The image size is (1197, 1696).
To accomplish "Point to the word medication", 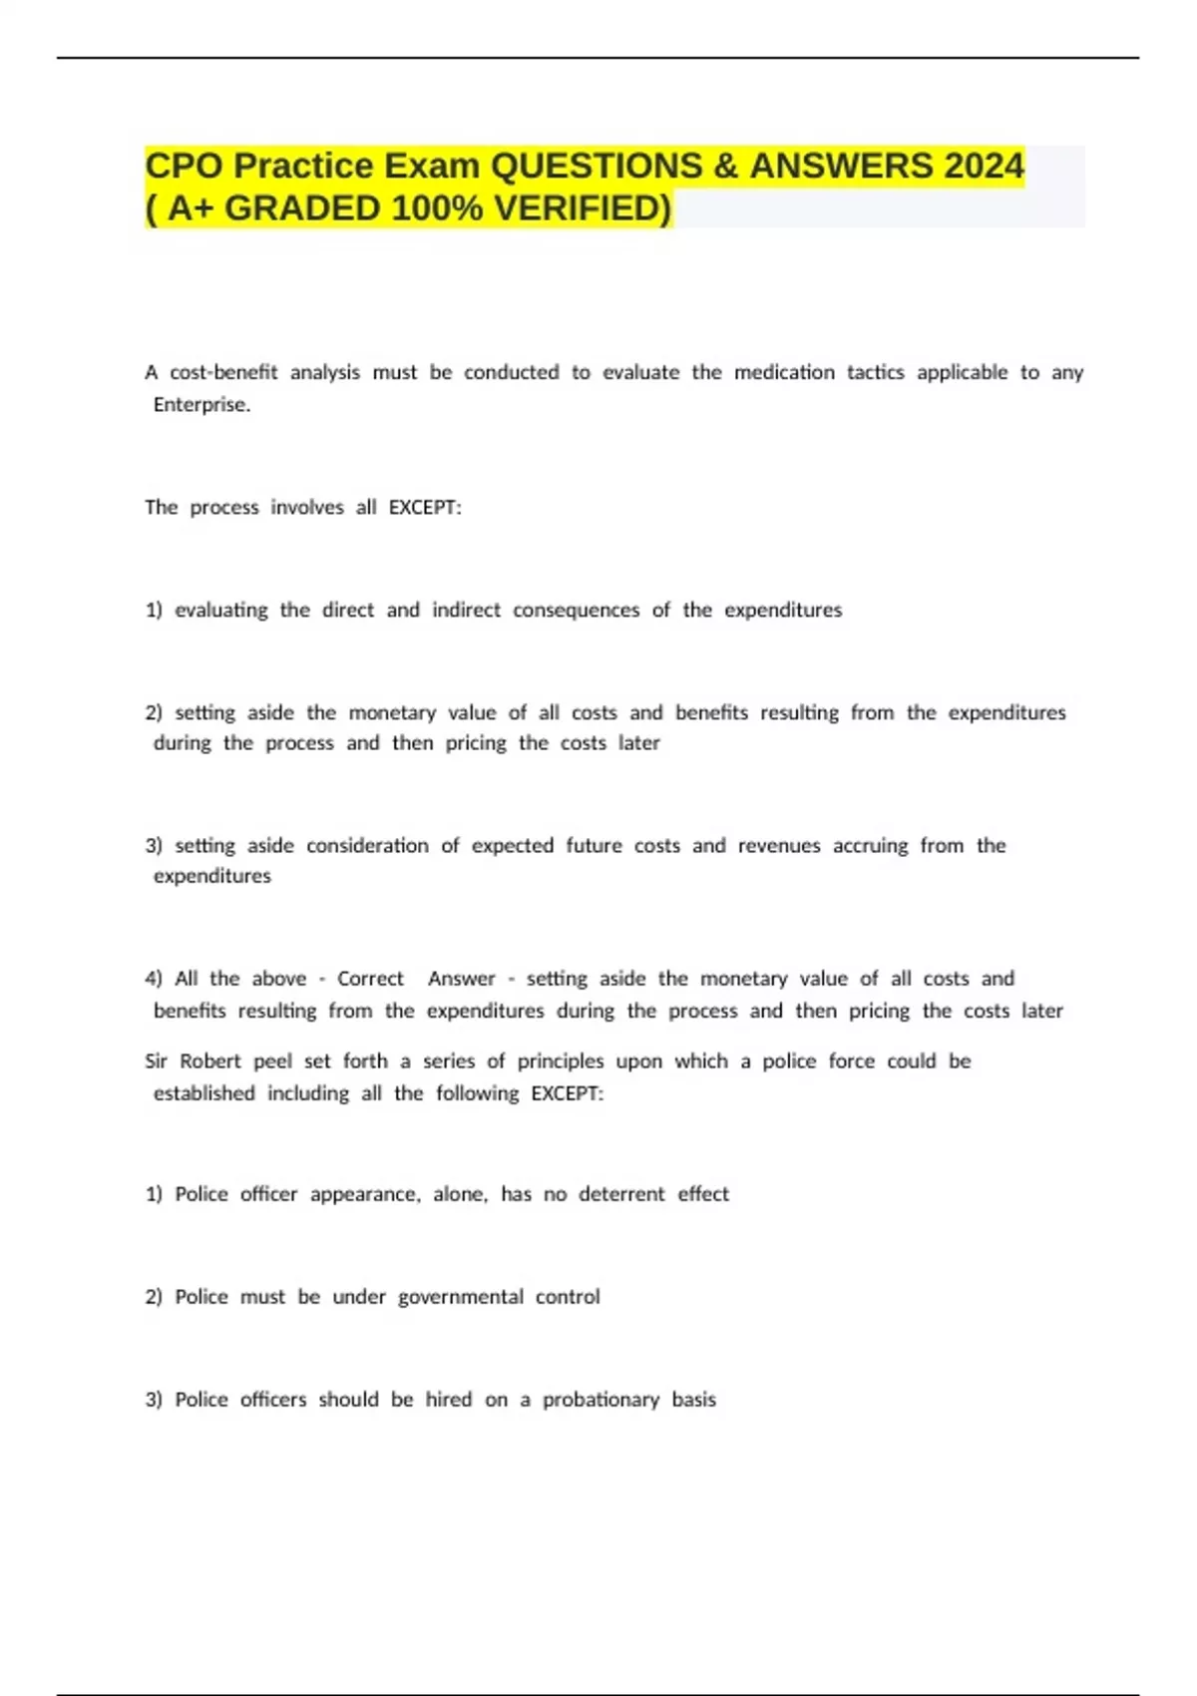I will coord(784,372).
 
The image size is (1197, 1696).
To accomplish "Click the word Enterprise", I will coord(201,404).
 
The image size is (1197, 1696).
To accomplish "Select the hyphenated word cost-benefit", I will coord(223,372).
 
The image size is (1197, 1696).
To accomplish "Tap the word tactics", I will coord(875,372).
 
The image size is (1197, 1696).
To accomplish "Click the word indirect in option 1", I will coord(466,610).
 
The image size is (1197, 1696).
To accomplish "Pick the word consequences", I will coord(576,610).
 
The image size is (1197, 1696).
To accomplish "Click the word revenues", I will coord(779,846).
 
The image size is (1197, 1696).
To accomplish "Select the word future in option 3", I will coord(594,846).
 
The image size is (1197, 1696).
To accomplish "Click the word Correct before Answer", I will coord(370,979).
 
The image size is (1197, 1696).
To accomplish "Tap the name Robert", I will coord(210,1061).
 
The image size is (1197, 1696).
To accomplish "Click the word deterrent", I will coord(621,1194).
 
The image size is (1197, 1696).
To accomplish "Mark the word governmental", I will coord(460,1297).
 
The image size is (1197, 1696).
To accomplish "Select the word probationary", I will coord(600,1400).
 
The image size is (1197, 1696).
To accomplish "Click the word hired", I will coord(448,1400).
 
